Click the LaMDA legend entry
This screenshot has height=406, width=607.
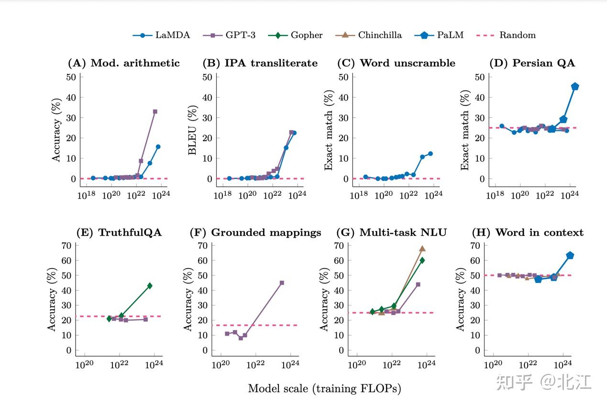(x=161, y=35)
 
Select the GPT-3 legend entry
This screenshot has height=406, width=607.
(x=229, y=35)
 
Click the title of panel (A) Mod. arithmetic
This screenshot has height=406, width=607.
(x=124, y=63)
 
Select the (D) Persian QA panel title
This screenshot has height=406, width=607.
(x=532, y=63)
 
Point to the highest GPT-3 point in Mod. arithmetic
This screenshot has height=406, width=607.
(x=155, y=112)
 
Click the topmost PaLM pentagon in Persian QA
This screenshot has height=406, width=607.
(x=575, y=87)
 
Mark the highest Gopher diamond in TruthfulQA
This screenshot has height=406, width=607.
(x=150, y=286)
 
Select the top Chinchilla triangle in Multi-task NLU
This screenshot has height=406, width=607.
(x=422, y=248)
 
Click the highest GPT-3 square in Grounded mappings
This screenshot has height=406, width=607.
(x=282, y=283)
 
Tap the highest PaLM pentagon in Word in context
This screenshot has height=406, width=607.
(x=570, y=256)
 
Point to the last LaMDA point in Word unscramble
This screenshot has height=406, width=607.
(x=430, y=154)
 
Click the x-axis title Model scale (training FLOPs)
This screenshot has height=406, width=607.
(x=324, y=388)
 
